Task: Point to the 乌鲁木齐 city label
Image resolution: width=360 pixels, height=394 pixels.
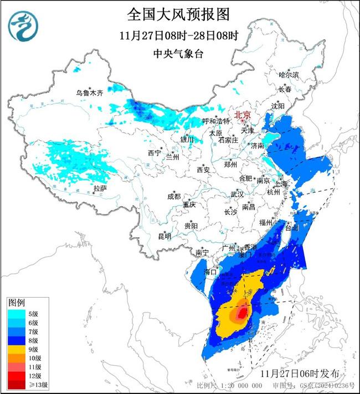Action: pos(90,93)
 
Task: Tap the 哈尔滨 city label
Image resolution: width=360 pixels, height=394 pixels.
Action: pos(289,74)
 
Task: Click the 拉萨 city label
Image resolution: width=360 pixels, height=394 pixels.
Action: pos(100,188)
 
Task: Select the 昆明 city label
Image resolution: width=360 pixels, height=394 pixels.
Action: pos(164,236)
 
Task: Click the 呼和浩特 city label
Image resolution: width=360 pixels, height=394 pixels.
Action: pos(200,121)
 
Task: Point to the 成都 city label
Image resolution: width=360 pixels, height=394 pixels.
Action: pos(174,196)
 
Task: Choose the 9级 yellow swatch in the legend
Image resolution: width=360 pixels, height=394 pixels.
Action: pos(15,350)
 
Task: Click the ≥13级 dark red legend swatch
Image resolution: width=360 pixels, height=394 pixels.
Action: pos(15,383)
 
